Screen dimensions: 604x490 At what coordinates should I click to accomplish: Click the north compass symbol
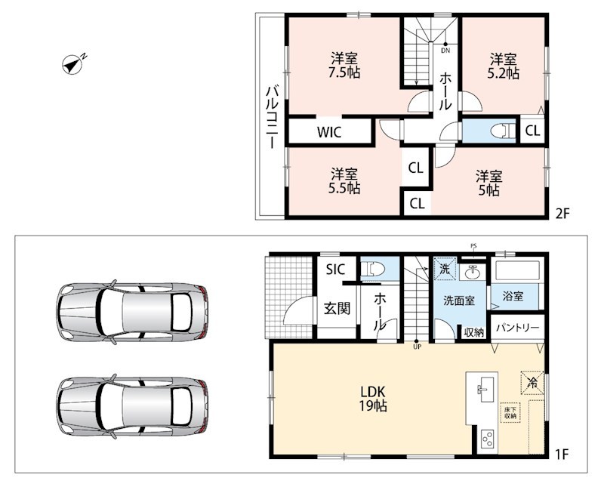73,64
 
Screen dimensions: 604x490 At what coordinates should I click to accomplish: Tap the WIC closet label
329,132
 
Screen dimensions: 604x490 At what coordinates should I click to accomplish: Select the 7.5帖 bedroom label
344,66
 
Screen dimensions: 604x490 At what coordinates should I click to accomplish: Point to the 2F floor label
562,213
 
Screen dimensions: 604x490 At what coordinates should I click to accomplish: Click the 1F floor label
562,455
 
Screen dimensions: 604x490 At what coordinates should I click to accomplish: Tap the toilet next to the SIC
373,269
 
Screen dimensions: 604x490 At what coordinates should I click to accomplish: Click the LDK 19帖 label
373,399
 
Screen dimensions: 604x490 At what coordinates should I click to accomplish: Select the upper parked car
132,312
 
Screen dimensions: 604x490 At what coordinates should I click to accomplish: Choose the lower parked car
132,406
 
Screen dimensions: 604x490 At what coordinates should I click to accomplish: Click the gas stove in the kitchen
488,439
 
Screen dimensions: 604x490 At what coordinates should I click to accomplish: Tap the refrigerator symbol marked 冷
533,383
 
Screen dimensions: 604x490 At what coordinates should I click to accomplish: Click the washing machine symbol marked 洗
445,269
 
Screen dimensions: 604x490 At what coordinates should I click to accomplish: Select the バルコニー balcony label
273,118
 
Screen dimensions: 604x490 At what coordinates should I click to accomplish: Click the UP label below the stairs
418,347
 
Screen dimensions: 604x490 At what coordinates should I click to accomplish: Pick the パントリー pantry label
518,328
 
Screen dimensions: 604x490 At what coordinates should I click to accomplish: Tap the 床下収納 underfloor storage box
510,412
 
